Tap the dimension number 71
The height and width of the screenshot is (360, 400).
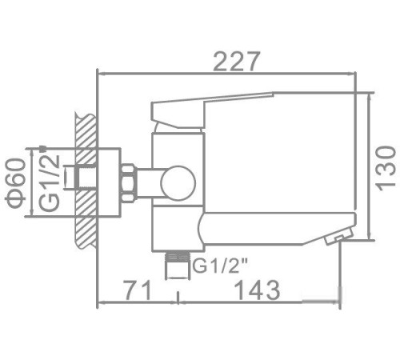tap(136, 290)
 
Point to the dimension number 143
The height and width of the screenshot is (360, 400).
tap(252, 290)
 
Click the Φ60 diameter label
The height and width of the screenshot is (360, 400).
tap(14, 182)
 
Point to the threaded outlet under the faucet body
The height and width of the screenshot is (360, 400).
tap(178, 262)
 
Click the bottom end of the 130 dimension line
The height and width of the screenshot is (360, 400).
tap(371, 238)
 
